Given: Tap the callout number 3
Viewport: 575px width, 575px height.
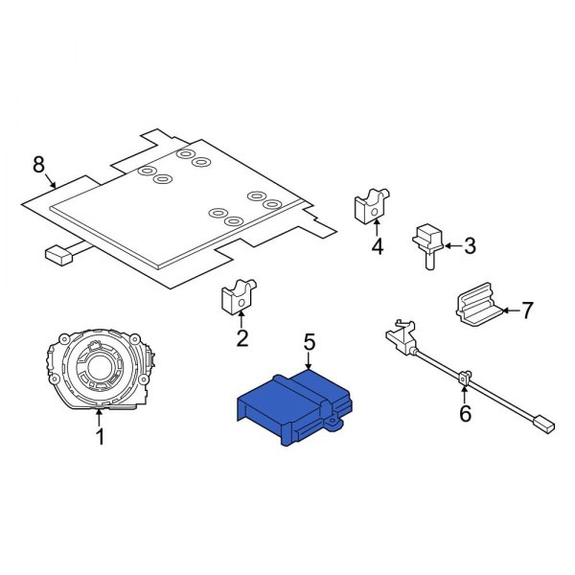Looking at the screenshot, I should point(469,246).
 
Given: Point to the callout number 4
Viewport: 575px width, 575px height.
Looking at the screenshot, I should point(377,247).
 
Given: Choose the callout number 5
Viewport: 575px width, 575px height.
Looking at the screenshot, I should point(309,340).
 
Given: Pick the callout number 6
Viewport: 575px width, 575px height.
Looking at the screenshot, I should point(466,413).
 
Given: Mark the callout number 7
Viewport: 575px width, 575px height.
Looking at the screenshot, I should point(526,310).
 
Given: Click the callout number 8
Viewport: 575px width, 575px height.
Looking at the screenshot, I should point(38,165).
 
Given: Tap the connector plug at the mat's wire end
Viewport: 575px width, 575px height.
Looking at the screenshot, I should point(58,255).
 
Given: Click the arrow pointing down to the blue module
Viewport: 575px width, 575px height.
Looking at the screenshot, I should point(309,363).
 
